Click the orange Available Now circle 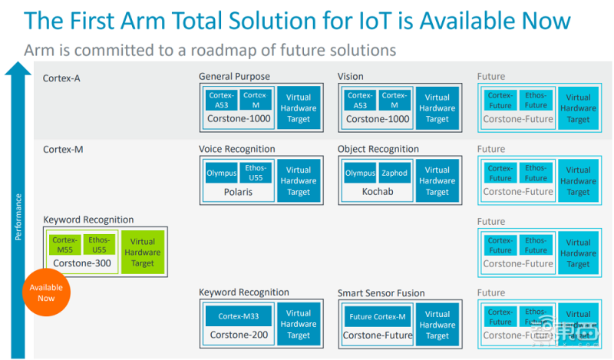click(x=46, y=292)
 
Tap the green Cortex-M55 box click(x=64, y=244)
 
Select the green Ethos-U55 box click(x=98, y=244)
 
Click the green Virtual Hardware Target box click(x=143, y=252)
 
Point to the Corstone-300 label click(x=81, y=263)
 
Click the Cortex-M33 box click(x=237, y=315)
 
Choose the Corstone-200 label click(x=237, y=335)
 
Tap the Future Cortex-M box click(x=377, y=315)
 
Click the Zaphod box click(x=394, y=173)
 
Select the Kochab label click(x=377, y=192)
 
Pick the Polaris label click(x=237, y=192)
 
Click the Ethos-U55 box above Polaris click(x=255, y=173)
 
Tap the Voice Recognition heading click(x=236, y=149)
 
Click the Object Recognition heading click(x=378, y=149)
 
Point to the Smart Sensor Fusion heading click(x=381, y=292)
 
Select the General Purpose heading click(x=234, y=77)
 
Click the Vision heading click(x=351, y=77)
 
